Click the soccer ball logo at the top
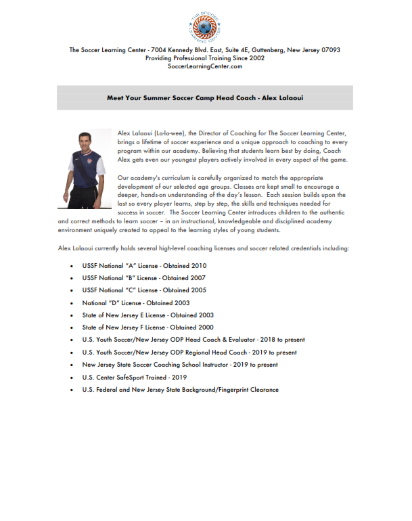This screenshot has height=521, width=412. [205, 26]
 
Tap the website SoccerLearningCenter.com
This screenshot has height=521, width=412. [205, 67]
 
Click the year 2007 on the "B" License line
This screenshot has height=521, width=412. [196, 278]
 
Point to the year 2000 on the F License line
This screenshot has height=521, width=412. [195, 327]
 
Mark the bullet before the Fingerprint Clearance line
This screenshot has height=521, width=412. [72, 390]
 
